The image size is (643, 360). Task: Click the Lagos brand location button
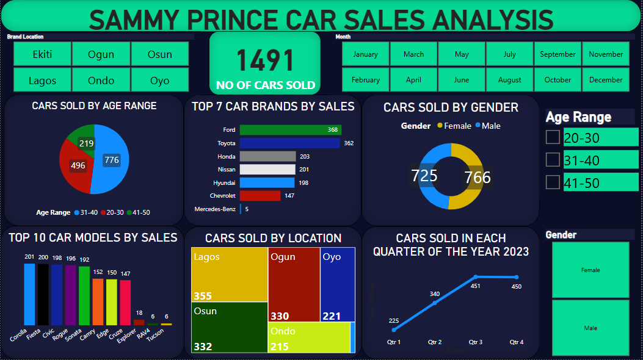click(42, 80)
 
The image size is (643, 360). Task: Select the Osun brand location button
click(160, 54)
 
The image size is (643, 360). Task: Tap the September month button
click(558, 54)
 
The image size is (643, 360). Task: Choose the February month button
click(365, 80)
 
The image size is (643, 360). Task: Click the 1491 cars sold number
click(265, 60)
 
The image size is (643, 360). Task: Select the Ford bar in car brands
click(290, 130)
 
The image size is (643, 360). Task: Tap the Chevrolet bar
click(260, 196)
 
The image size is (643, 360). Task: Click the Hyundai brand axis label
click(225, 182)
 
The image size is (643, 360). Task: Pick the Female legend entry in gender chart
click(454, 126)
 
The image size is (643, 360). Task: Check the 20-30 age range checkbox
click(553, 137)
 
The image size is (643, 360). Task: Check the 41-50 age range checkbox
click(553, 182)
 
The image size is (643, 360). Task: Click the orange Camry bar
click(98, 301)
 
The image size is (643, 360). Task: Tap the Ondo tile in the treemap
click(308, 337)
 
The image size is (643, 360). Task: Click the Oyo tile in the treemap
click(338, 284)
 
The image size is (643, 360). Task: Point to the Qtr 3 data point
click(476, 277)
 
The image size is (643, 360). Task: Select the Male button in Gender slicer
click(590, 328)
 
